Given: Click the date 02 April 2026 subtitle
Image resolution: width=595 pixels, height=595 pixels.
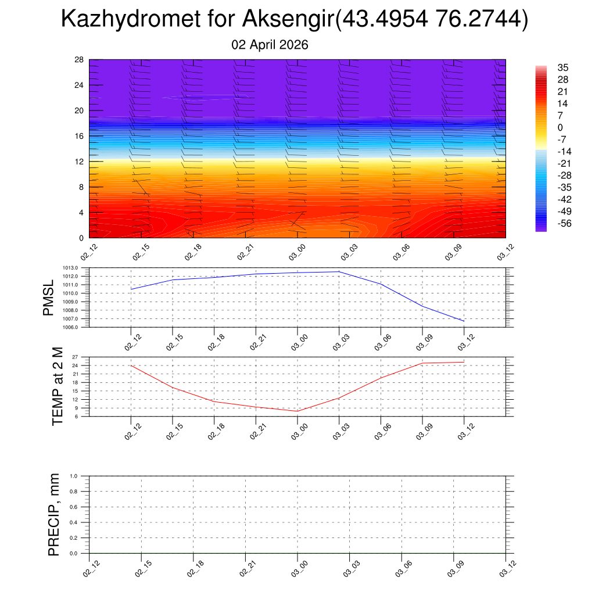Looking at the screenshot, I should (x=270, y=45).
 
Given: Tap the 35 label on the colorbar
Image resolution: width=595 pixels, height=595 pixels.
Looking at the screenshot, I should (x=562, y=67).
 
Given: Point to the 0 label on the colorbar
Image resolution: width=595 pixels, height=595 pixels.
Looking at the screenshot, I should (x=560, y=127).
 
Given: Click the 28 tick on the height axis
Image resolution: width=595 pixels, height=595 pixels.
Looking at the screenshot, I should (x=80, y=60).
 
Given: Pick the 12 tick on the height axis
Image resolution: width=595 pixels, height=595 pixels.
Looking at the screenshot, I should (x=80, y=162).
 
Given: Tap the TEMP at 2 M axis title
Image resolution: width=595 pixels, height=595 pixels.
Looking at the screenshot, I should (x=57, y=386).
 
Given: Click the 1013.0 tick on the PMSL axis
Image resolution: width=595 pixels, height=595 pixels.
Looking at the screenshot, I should (x=70, y=268).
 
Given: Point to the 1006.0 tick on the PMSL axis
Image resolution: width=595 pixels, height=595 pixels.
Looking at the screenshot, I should (x=70, y=328).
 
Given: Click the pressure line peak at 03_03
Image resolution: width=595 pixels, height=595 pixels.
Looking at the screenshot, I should (x=339, y=272).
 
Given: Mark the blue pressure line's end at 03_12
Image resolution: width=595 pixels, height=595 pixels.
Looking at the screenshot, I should (x=464, y=321).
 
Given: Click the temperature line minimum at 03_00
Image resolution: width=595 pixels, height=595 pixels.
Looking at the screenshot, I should (x=297, y=411).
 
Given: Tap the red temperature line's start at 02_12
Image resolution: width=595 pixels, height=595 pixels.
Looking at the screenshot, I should (x=131, y=365).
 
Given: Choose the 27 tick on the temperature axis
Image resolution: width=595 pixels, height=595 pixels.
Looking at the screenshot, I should (x=75, y=357).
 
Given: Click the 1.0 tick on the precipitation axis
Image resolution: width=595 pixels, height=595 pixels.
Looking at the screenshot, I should (x=74, y=476).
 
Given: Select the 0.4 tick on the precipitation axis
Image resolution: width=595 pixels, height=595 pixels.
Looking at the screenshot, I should (x=74, y=522).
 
